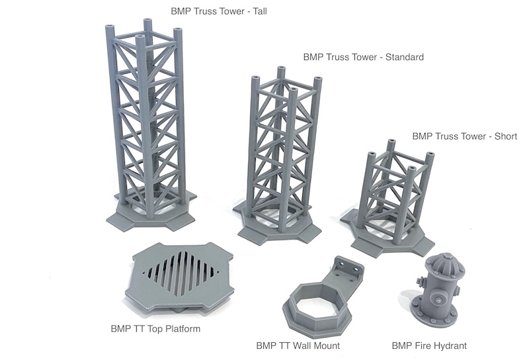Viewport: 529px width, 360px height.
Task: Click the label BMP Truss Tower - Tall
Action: [x=219, y=11]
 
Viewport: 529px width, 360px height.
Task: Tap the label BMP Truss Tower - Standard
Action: [x=363, y=57]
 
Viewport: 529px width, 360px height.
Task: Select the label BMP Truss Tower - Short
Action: [x=465, y=136]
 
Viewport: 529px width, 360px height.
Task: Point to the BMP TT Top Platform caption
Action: [x=155, y=328]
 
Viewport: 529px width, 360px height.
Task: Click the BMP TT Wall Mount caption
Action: [x=298, y=345]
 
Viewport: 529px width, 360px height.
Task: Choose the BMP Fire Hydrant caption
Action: [x=429, y=345]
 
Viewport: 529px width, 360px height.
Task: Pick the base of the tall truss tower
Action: [x=151, y=213]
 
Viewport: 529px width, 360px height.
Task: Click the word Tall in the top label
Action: [x=259, y=11]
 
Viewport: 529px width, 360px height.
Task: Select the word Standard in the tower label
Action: [x=404, y=57]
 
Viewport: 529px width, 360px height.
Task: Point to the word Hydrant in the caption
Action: [x=450, y=345]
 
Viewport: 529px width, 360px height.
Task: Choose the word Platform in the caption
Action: [x=183, y=328]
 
